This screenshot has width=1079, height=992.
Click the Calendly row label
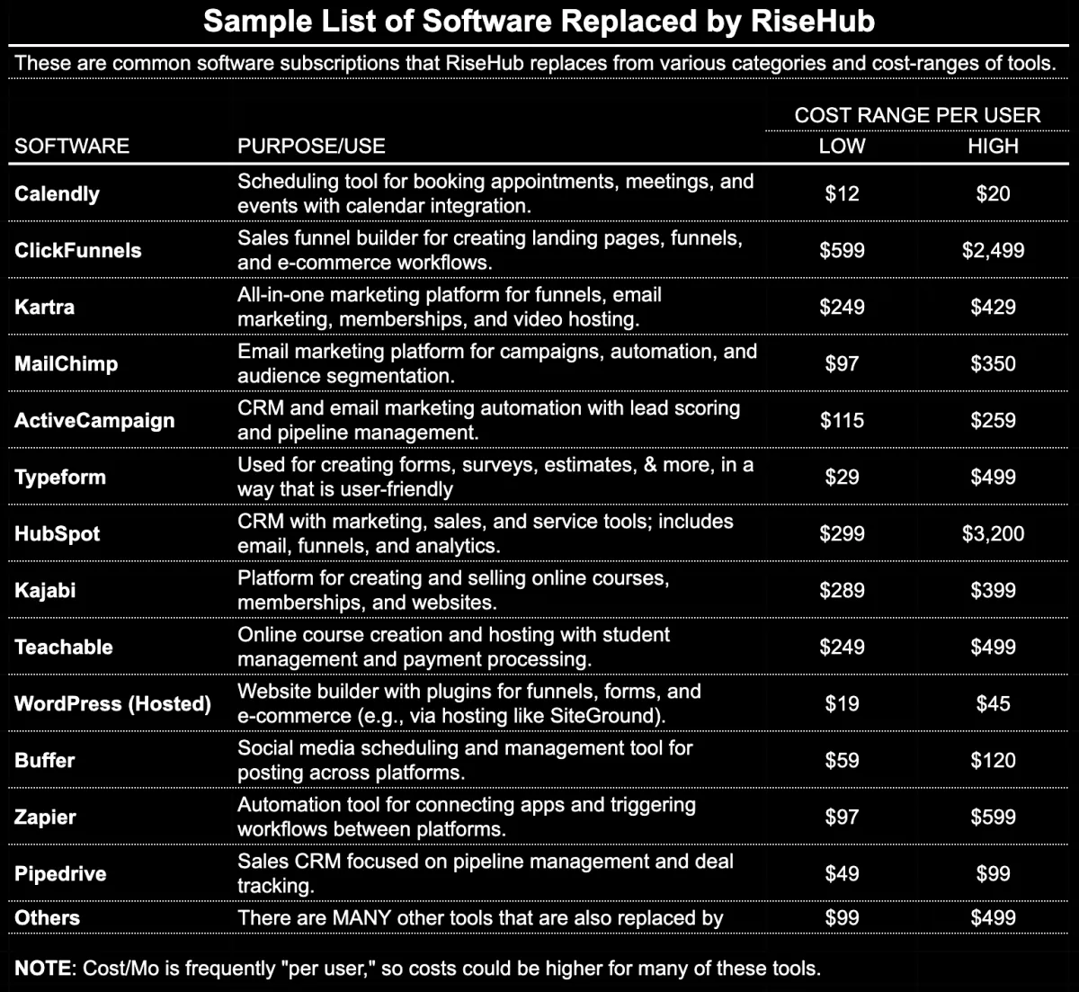[x=57, y=193]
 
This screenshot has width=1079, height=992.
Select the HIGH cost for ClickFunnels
[x=993, y=250]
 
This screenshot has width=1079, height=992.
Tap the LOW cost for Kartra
[x=842, y=307]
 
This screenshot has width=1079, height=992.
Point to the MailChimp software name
[x=66, y=363]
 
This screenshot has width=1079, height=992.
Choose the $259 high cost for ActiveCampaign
[x=993, y=420]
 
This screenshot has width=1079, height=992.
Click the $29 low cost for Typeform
[x=842, y=477]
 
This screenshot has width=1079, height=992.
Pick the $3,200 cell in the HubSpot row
[x=993, y=533]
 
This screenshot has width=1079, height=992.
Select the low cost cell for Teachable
[x=842, y=647]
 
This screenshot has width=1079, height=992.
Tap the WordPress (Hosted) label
[x=112, y=703]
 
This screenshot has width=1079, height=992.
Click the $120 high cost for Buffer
[x=993, y=760]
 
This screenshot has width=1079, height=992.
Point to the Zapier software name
[x=45, y=817]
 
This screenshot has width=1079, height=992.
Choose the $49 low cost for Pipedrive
[x=842, y=873]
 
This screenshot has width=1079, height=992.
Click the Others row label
[x=47, y=917]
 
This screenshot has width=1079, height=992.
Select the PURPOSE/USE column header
[x=311, y=146]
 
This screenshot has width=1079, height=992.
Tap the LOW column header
[x=842, y=146]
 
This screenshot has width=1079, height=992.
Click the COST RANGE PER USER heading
[x=917, y=115]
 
